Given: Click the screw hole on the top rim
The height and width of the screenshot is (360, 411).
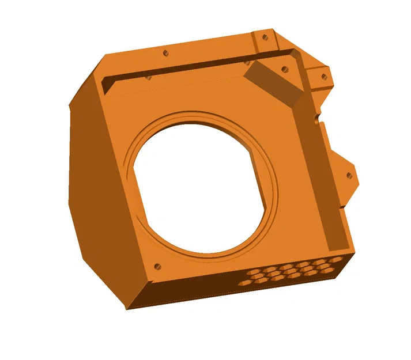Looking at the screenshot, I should [x=166, y=53].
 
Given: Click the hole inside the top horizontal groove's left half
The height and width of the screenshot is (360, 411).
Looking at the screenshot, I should [x=148, y=76].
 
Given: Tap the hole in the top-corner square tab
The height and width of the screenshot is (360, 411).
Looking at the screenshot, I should [x=265, y=37].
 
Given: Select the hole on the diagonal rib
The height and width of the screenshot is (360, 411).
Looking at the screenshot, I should [x=284, y=69].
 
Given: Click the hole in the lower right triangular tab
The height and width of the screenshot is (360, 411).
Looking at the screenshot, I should [x=348, y=176].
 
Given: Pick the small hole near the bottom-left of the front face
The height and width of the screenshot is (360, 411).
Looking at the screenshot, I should [x=157, y=267].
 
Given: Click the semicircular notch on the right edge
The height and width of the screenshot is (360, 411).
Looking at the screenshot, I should [x=315, y=120].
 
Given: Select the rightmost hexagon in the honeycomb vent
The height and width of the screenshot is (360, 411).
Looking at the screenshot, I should [x=336, y=260].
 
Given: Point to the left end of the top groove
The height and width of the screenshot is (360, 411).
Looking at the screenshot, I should [x=107, y=84].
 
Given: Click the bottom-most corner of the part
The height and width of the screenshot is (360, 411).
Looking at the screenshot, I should [x=130, y=308].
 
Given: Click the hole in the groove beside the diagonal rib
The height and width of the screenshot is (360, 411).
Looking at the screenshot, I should [x=248, y=61].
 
